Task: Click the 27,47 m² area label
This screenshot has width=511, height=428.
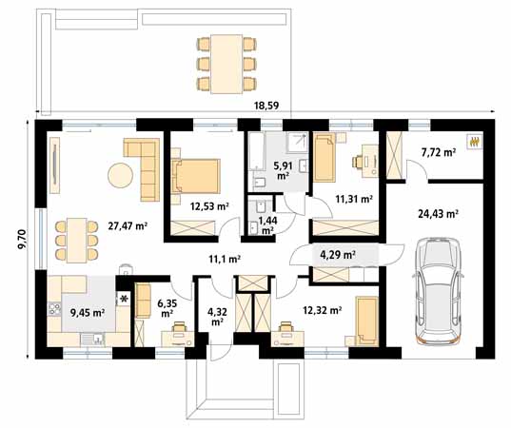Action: point(128,225)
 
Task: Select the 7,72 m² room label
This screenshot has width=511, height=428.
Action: point(437,151)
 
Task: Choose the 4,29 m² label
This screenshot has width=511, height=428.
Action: point(338,255)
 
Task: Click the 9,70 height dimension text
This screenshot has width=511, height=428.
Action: point(21,232)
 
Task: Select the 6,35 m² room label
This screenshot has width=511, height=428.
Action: point(167,307)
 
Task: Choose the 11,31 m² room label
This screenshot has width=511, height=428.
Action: point(353,199)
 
